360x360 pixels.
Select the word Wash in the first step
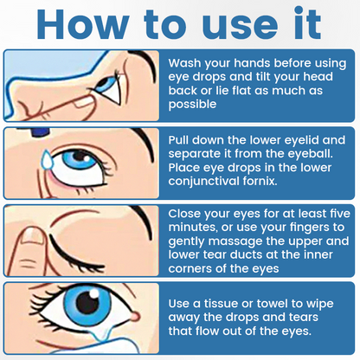point(185,64)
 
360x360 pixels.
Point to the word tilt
point(270,77)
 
